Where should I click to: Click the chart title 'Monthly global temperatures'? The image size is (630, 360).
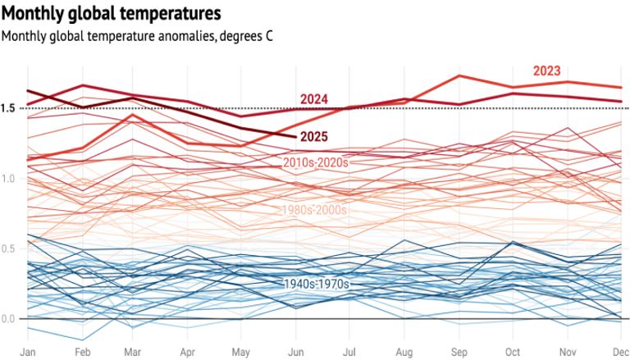tap(111, 13)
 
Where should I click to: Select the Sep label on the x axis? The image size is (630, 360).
tap(459, 351)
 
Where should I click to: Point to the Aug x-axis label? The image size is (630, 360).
tap(404, 351)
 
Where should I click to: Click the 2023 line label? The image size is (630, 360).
tap(546, 71)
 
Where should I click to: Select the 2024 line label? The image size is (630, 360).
tap(314, 99)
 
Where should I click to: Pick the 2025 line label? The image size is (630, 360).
tap(316, 136)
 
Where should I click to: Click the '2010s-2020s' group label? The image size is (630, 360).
tap(316, 162)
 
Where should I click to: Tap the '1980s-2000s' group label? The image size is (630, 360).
tap(314, 210)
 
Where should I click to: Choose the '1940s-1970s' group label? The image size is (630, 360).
tap(317, 284)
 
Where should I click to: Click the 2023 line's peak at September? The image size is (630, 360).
tap(459, 76)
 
